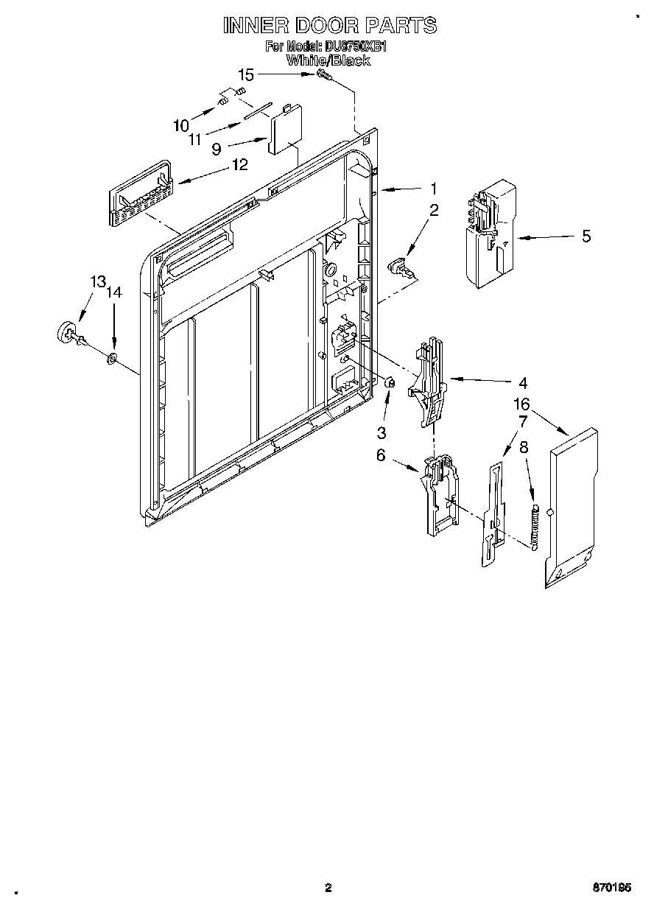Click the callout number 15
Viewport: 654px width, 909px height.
tap(245, 74)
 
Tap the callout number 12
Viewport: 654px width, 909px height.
tap(240, 165)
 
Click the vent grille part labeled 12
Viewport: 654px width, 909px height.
tap(141, 195)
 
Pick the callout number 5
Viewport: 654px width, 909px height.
tap(586, 236)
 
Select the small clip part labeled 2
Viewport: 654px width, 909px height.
tap(400, 264)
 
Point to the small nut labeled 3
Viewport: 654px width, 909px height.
tap(391, 382)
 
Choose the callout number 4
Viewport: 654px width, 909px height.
tap(522, 382)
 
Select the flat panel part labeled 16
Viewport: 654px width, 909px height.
tap(572, 508)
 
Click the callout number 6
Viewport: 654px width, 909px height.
tap(381, 455)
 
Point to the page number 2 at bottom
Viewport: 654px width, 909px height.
tap(328, 888)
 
